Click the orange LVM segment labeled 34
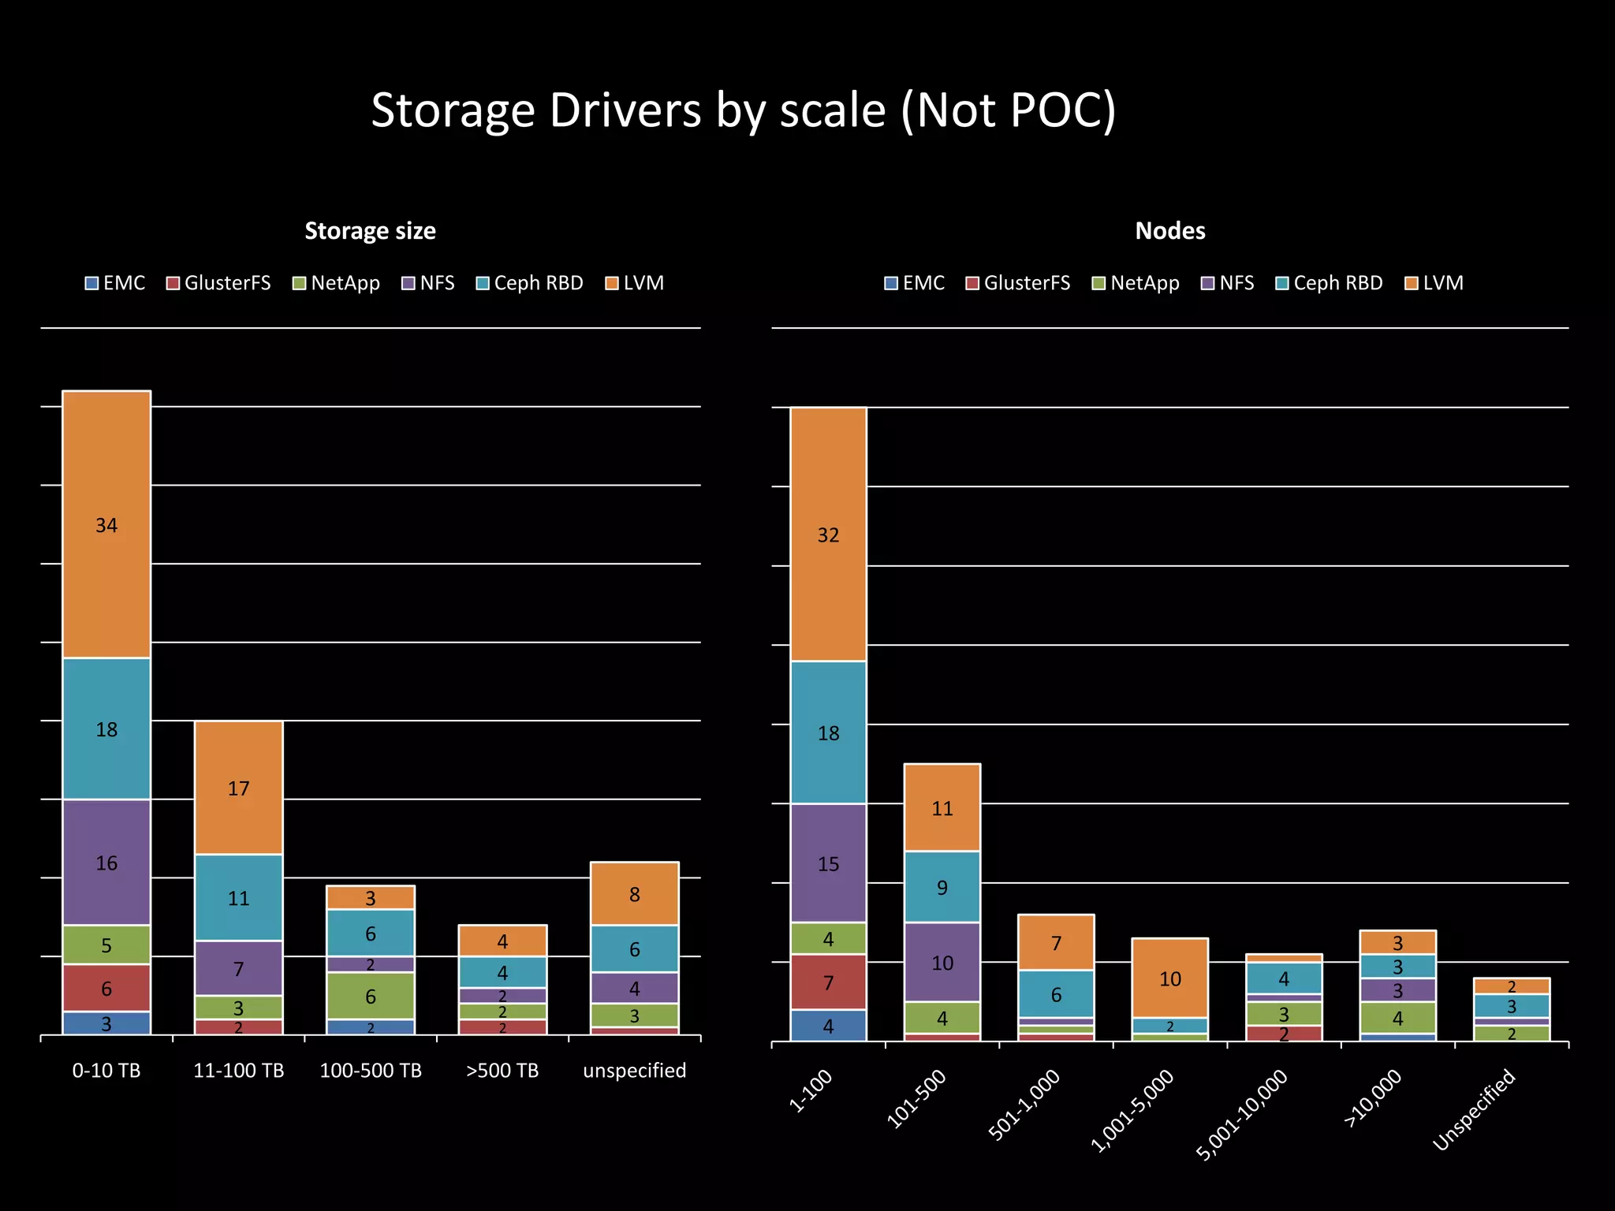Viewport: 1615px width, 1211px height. click(106, 524)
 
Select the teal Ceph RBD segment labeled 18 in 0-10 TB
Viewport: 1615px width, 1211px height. click(106, 728)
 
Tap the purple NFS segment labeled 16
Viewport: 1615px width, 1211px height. click(106, 863)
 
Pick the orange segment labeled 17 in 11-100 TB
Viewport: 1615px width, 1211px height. click(238, 788)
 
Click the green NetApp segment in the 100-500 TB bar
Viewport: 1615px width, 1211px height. click(370, 996)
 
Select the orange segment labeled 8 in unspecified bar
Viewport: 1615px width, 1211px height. click(634, 893)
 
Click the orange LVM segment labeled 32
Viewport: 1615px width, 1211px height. click(828, 535)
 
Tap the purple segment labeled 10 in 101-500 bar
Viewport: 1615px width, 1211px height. click(942, 962)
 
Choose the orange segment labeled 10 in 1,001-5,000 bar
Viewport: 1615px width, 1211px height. click(1169, 978)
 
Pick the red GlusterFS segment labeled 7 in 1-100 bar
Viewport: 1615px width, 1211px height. click(828, 982)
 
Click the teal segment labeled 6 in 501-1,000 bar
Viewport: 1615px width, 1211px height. click(1056, 993)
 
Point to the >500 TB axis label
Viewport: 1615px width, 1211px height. click(502, 1071)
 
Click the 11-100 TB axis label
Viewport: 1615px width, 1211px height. click(238, 1071)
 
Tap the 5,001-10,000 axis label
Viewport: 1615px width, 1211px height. click(1242, 1114)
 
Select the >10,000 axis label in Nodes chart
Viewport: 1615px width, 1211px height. click(1373, 1097)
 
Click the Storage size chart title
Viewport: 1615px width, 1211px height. click(370, 231)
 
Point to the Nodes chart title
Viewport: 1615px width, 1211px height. click(1169, 231)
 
